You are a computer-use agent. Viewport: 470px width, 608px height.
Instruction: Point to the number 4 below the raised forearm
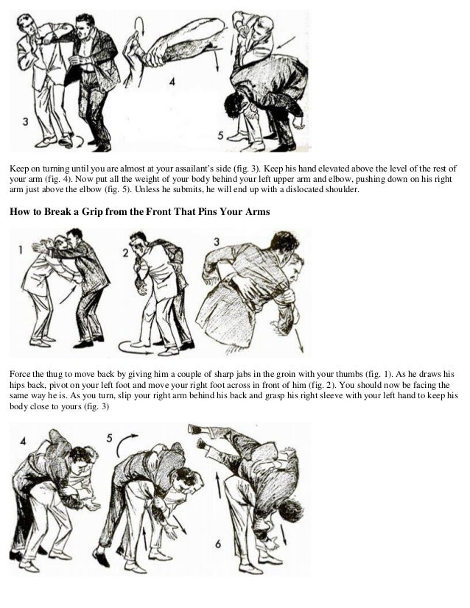(172, 82)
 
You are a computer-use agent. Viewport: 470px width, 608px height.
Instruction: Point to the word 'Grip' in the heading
(100, 214)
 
